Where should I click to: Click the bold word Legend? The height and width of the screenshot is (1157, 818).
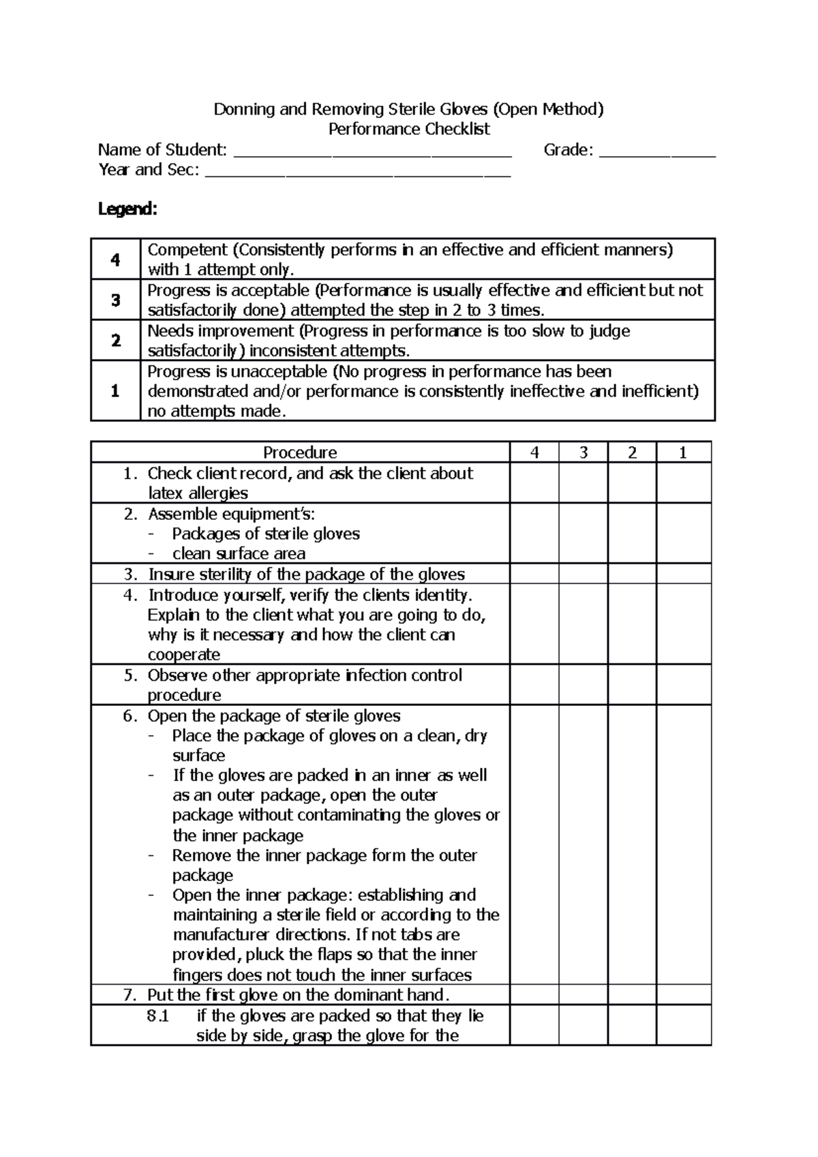pyautogui.click(x=127, y=209)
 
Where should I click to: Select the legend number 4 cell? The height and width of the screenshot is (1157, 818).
pyautogui.click(x=115, y=259)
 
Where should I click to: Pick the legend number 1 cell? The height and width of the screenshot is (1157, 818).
pyautogui.click(x=115, y=391)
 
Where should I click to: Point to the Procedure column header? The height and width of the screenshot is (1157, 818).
pyautogui.click(x=300, y=452)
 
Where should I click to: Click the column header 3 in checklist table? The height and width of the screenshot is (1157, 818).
pyautogui.click(x=583, y=452)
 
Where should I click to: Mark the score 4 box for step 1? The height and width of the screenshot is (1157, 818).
pyautogui.click(x=534, y=483)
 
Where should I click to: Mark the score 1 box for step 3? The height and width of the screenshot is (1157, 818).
pyautogui.click(x=683, y=574)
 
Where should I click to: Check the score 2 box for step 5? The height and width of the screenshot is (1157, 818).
pyautogui.click(x=632, y=685)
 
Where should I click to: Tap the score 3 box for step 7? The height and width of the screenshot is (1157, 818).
pyautogui.click(x=583, y=995)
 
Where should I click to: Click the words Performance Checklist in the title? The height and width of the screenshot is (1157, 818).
pyautogui.click(x=409, y=129)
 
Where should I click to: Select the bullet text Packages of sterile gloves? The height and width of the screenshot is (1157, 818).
pyautogui.click(x=266, y=534)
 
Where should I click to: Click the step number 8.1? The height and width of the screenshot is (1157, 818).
pyautogui.click(x=157, y=1016)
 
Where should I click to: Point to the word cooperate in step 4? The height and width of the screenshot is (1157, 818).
pyautogui.click(x=184, y=655)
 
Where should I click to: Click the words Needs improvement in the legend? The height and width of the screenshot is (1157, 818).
pyautogui.click(x=220, y=331)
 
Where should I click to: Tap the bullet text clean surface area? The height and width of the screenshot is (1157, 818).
pyautogui.click(x=239, y=554)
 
